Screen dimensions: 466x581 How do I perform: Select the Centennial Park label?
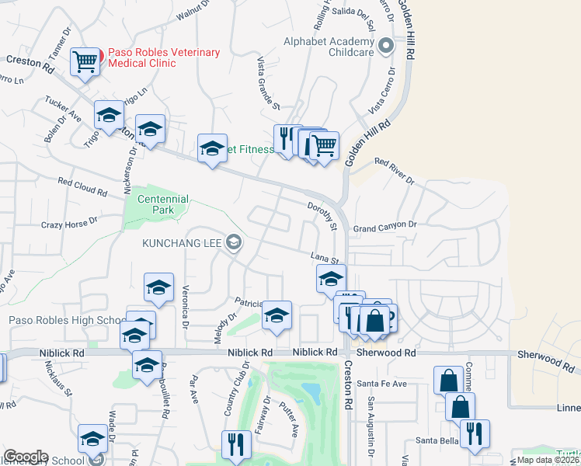coord(162,204)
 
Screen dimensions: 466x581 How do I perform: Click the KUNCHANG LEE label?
coord(181,243)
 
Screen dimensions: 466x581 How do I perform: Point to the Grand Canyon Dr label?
coord(385,226)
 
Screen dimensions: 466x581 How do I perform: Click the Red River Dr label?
coord(395,170)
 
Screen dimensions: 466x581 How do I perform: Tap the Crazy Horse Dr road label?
coord(69,223)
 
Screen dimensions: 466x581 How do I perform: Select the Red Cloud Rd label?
coord(82,186)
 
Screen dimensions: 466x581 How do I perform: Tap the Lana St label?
coord(325,258)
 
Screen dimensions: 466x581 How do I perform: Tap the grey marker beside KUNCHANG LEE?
coord(232,243)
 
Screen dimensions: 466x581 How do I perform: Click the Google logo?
coord(26,457)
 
